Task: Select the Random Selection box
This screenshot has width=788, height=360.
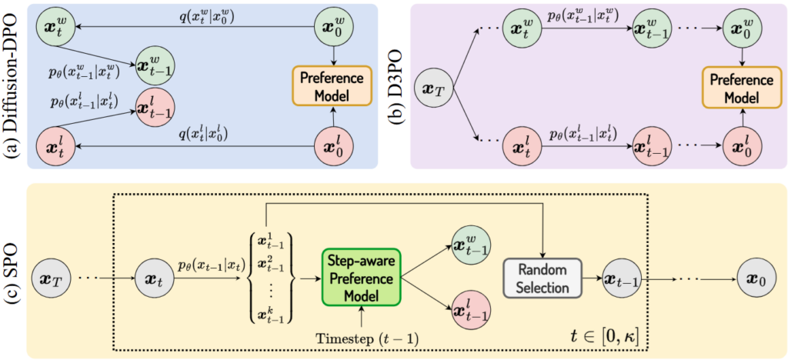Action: [x=543, y=278]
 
